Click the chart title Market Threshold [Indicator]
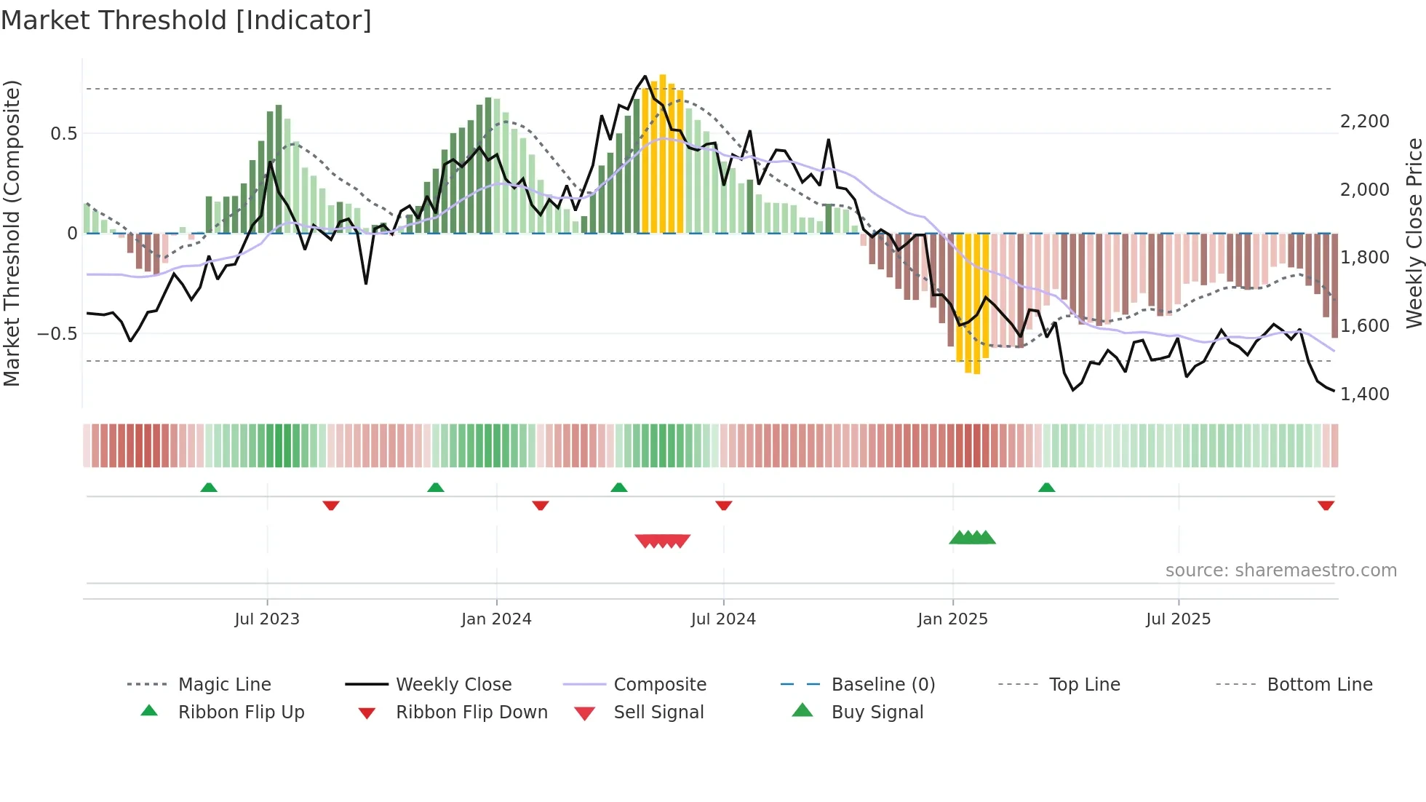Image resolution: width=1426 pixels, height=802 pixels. click(x=186, y=20)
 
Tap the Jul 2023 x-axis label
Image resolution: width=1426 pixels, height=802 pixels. click(x=267, y=619)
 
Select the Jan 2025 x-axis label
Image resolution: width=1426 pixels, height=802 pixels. click(x=952, y=619)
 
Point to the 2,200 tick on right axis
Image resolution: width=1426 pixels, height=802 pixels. click(x=1364, y=122)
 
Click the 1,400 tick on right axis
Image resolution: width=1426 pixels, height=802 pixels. click(x=1364, y=394)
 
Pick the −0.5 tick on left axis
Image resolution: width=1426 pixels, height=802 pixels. click(x=57, y=334)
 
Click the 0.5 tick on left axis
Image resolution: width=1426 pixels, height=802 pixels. click(x=63, y=134)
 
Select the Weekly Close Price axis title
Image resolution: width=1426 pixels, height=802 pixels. click(x=1414, y=233)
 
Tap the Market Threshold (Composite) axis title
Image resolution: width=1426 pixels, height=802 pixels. click(x=12, y=233)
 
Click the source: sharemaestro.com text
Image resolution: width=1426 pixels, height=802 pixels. click(x=1280, y=571)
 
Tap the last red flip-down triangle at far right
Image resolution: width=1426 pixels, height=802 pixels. click(x=1326, y=505)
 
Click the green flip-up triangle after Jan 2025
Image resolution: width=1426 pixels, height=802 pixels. click(x=1046, y=488)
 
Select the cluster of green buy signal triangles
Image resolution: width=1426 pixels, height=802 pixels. click(x=972, y=538)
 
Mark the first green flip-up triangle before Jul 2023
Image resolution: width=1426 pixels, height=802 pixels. click(x=209, y=488)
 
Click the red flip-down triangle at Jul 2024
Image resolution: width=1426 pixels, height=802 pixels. click(x=723, y=505)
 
